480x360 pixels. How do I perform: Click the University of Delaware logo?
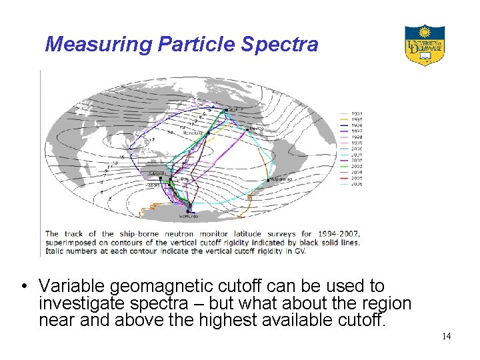point(424,45)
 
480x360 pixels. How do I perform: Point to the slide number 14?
point(446,336)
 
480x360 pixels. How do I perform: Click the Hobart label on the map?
point(154,185)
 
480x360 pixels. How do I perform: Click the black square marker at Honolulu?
point(209,133)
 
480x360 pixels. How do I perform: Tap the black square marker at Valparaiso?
point(268,180)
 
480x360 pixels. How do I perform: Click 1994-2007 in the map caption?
point(335,233)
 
